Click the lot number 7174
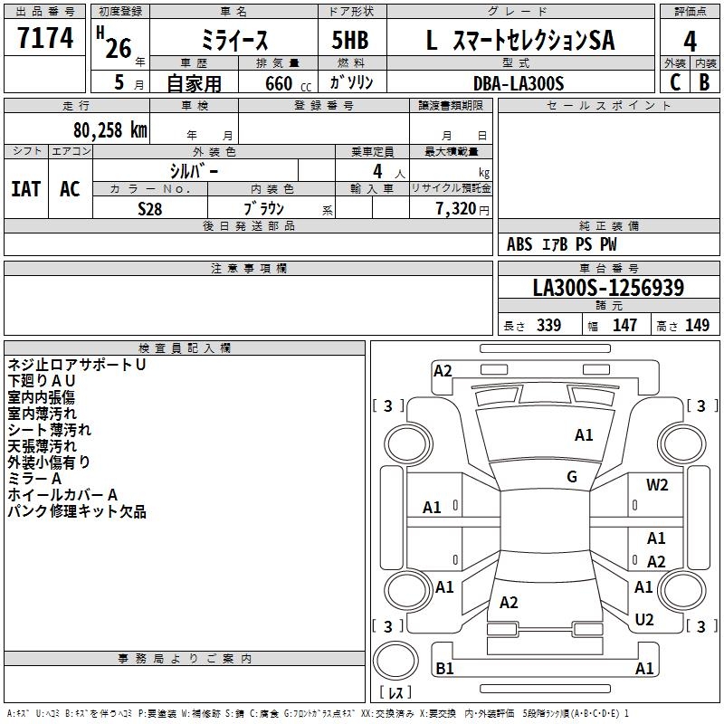point(44,39)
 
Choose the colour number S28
point(150,207)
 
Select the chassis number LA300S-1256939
point(607,288)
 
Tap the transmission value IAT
point(25,188)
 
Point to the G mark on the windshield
point(572,477)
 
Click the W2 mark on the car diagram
point(657,484)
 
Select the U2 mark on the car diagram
point(644,619)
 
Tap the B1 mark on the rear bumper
point(444,669)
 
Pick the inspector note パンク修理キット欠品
point(76,512)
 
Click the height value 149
point(697,326)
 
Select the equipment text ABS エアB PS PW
point(562,244)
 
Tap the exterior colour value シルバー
point(194,170)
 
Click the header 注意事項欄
point(248,269)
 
